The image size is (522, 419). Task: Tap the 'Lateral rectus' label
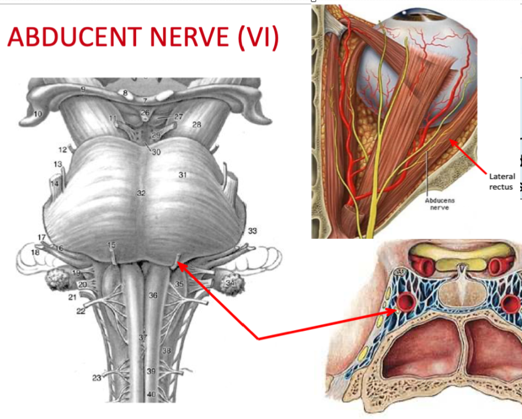(502, 181)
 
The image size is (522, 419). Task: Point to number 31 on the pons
(182, 175)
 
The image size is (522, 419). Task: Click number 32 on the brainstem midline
(141, 193)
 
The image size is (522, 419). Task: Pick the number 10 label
(38, 114)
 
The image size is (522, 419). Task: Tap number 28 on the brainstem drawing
(196, 124)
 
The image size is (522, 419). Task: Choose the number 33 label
(252, 230)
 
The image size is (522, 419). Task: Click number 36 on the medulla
(153, 295)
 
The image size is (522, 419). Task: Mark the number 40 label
(151, 394)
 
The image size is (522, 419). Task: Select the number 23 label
(97, 378)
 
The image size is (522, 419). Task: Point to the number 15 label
(111, 245)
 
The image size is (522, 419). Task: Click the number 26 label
(145, 112)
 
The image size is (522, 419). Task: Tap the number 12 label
(62, 150)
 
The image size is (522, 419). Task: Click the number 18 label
(35, 252)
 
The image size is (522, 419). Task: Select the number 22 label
(81, 311)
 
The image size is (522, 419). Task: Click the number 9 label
(82, 89)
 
